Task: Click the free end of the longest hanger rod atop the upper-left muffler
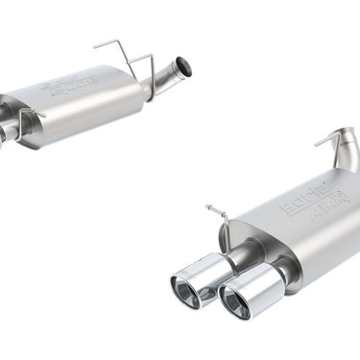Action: tap(95, 44)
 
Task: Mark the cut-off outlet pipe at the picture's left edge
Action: tap(5, 132)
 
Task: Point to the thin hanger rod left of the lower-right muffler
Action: tap(225, 226)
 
